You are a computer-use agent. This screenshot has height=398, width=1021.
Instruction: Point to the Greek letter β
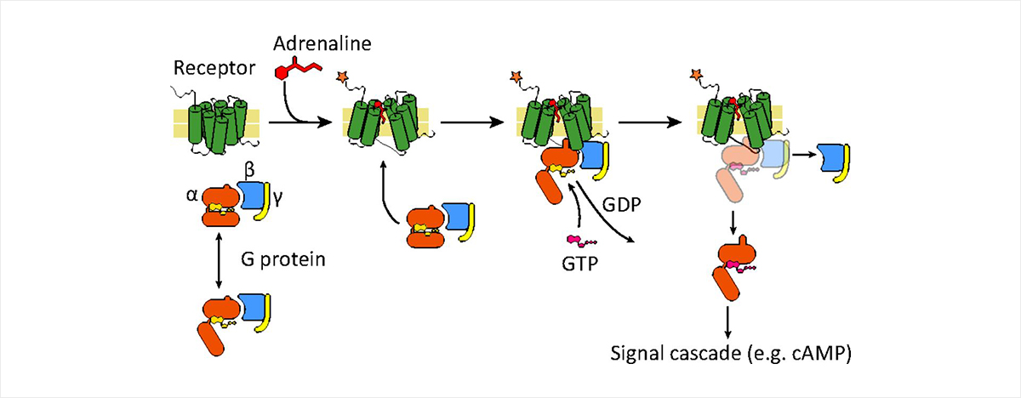coord(248,173)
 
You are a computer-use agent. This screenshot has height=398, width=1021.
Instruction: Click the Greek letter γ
coord(277,197)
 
